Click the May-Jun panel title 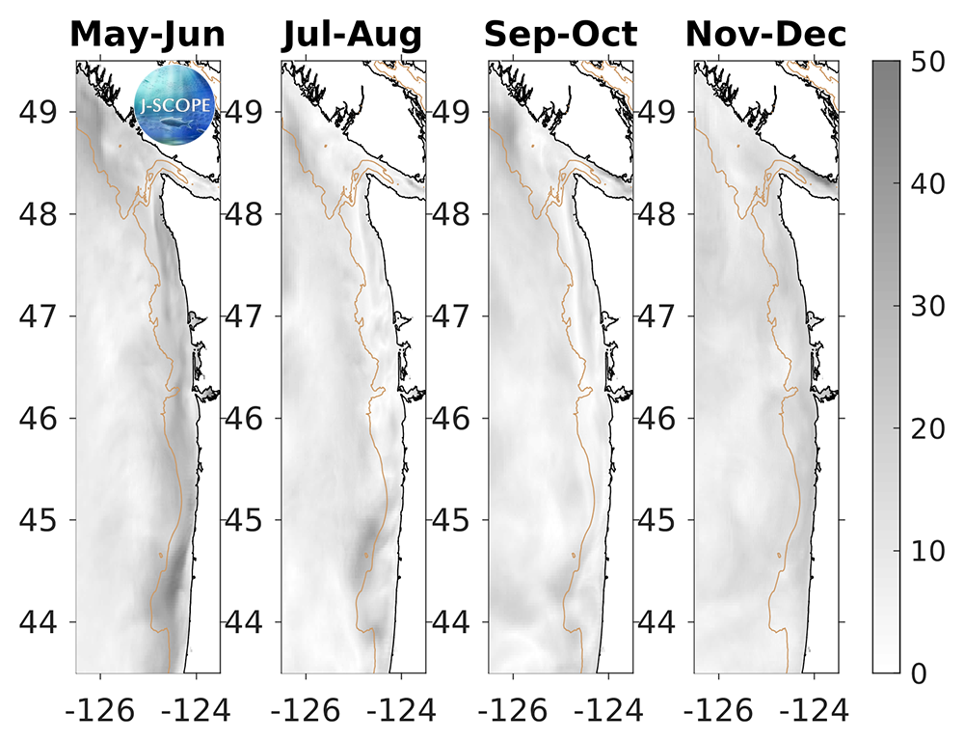[147, 35]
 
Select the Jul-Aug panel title [352, 35]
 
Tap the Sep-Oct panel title [560, 35]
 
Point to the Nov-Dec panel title [766, 35]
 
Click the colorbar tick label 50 [927, 63]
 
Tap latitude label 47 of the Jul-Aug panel [248, 316]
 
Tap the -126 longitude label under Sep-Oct [507, 711]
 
